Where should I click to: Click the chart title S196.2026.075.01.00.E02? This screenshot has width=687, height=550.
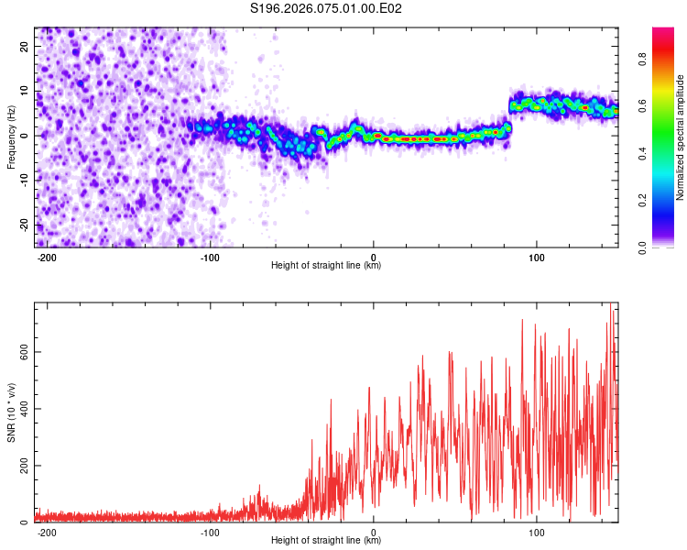click(x=327, y=9)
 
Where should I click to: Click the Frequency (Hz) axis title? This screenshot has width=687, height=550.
click(x=11, y=137)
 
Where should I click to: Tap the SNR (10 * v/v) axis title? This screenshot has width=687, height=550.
click(x=11, y=412)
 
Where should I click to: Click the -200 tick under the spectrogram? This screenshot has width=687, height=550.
click(x=47, y=256)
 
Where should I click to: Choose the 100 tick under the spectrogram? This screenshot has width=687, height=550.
click(x=536, y=256)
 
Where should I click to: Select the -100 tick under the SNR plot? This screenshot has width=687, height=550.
click(x=210, y=532)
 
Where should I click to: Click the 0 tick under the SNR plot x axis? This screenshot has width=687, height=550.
click(x=374, y=532)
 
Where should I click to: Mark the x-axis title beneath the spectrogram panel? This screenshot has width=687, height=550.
click(x=326, y=266)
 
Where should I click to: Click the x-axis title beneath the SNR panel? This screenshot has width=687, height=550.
click(x=326, y=542)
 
